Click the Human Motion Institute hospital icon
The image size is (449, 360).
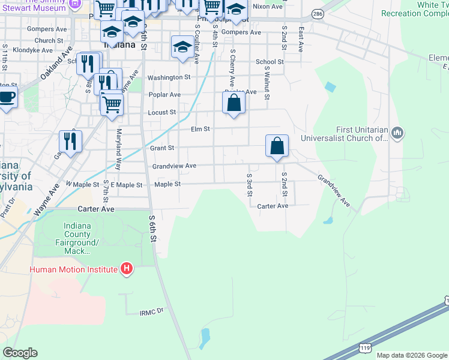click(127, 268)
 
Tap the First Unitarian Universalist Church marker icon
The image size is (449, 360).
click(397, 133)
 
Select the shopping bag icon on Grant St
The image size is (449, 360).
click(277, 146)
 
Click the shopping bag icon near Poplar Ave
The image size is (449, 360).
click(234, 103)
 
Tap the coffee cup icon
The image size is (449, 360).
click(7, 97)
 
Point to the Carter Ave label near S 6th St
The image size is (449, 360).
click(96, 209)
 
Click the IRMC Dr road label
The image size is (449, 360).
click(152, 313)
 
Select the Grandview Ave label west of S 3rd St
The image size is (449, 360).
click(174, 166)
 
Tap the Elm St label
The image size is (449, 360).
click(200, 129)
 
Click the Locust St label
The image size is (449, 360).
click(162, 112)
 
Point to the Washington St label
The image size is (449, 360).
click(169, 77)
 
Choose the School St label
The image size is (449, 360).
click(270, 62)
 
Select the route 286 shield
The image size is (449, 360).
click(318, 13)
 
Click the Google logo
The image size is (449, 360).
click(20, 353)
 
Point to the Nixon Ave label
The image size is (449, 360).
click(267, 7)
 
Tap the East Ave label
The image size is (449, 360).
click(301, 38)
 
